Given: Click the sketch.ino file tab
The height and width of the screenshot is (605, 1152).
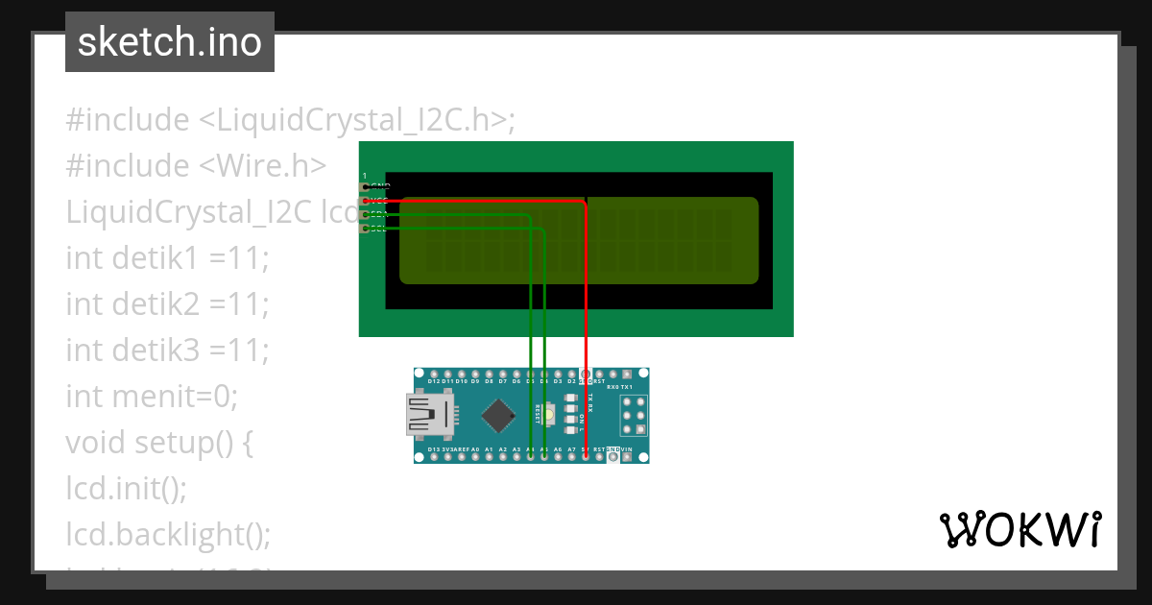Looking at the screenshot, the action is click(170, 42).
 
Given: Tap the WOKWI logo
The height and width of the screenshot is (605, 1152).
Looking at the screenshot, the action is click(1020, 530).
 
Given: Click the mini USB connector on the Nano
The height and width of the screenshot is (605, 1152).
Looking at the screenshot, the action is click(429, 416).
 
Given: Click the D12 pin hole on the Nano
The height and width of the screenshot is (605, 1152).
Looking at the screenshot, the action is click(434, 374).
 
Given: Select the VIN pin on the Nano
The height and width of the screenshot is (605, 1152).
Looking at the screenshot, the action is click(627, 457).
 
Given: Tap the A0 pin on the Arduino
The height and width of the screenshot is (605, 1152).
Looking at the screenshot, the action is click(475, 457).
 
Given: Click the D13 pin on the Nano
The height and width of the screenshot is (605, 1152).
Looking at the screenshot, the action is click(434, 457).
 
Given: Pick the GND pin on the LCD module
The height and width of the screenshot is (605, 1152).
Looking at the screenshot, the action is click(365, 187).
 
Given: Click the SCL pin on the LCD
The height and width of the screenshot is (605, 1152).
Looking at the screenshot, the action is click(365, 229).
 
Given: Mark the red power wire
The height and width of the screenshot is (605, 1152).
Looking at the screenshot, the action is click(586, 288).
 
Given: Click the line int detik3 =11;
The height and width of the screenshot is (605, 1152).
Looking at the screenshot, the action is click(167, 350).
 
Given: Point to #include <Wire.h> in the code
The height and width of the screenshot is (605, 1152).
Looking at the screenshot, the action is click(196, 166).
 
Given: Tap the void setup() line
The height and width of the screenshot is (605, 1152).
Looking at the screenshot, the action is click(159, 442).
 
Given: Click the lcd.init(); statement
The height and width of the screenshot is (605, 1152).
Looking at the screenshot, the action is click(126, 488).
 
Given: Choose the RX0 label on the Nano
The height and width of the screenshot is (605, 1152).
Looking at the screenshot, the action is click(612, 387).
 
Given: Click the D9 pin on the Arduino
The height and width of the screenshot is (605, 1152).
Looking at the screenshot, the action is click(475, 374).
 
